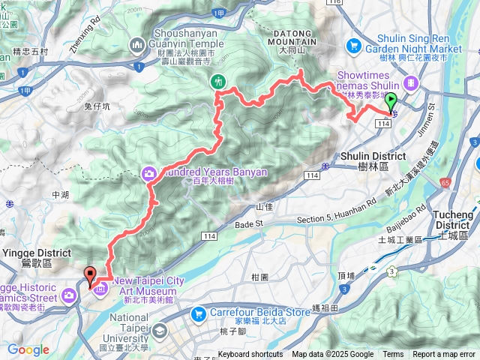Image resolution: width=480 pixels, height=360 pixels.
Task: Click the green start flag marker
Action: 391,103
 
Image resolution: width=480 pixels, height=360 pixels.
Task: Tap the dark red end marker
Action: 91,275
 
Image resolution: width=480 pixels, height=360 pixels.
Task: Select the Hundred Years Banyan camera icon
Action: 149,173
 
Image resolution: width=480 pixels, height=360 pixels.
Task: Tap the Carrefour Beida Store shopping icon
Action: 199,313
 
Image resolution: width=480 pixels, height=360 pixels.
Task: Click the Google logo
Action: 28,349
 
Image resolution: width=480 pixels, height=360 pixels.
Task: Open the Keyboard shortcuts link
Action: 250,355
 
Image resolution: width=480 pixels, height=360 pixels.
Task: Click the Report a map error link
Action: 443,355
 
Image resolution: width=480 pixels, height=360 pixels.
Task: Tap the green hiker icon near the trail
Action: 218,81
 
